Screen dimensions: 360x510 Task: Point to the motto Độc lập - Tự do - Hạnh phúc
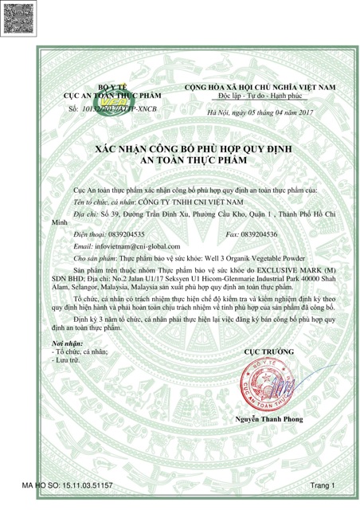click(260, 94)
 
